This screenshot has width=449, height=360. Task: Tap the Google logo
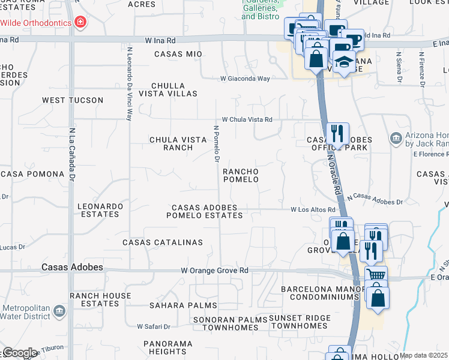pos(20,353)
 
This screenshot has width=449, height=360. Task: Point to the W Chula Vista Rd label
pos(247,119)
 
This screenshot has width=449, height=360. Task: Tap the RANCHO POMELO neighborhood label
pos(241,175)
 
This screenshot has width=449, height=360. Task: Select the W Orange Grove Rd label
pos(214,271)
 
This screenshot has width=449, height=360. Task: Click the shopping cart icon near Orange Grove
pos(376,275)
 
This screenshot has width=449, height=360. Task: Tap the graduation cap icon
pos(344,61)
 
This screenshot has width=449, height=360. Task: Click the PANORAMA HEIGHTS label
pos(168,347)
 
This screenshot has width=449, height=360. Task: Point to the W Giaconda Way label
pos(245,79)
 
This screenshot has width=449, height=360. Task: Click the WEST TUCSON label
pos(72,100)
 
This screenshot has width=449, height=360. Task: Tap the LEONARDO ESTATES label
pos(100,210)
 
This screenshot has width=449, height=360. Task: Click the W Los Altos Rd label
pos(312,210)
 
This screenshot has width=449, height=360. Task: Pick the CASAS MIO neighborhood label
pos(178,54)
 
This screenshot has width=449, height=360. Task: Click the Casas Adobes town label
pos(72,267)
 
